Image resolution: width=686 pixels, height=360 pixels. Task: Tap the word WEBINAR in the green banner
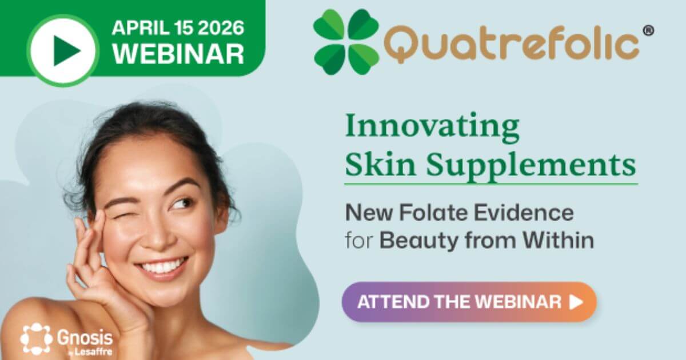click(178, 53)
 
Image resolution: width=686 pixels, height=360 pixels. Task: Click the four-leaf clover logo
click(346, 42)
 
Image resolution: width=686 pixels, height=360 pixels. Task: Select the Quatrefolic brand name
click(512, 45)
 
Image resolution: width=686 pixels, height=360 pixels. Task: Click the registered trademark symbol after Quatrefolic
click(648, 31)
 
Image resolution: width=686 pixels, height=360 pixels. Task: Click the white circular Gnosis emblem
click(36, 338)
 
